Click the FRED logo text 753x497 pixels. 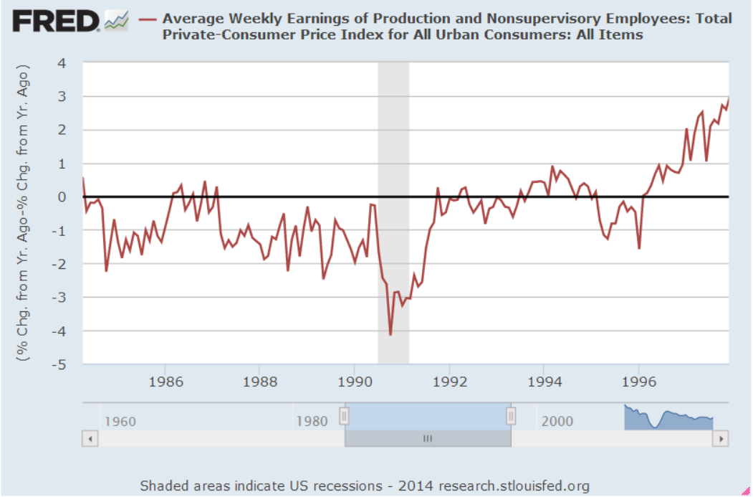[x=56, y=22]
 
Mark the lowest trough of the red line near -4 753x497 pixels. [x=390, y=334]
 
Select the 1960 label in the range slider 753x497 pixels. [x=120, y=421]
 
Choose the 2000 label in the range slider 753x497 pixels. [x=557, y=421]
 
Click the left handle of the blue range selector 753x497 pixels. [x=345, y=416]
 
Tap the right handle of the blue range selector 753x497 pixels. [x=511, y=416]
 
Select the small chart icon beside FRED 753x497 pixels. [x=115, y=22]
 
